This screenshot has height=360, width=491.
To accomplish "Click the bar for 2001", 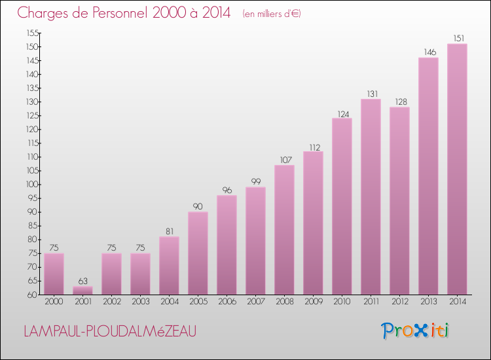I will tap(82, 290).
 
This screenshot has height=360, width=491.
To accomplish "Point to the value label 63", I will tap(82, 280).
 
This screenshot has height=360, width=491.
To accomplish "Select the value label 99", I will tap(255, 181).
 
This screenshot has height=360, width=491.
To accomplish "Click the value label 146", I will tap(428, 52).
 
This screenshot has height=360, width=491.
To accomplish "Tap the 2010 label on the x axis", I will tap(342, 302).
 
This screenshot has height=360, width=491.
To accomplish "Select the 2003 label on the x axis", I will tap(140, 302).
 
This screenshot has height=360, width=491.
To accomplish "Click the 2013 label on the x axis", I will tap(428, 302).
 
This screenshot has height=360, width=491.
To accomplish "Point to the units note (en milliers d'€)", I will tap(271, 14).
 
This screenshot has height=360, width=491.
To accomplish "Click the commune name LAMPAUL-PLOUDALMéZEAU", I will tap(109, 332).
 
